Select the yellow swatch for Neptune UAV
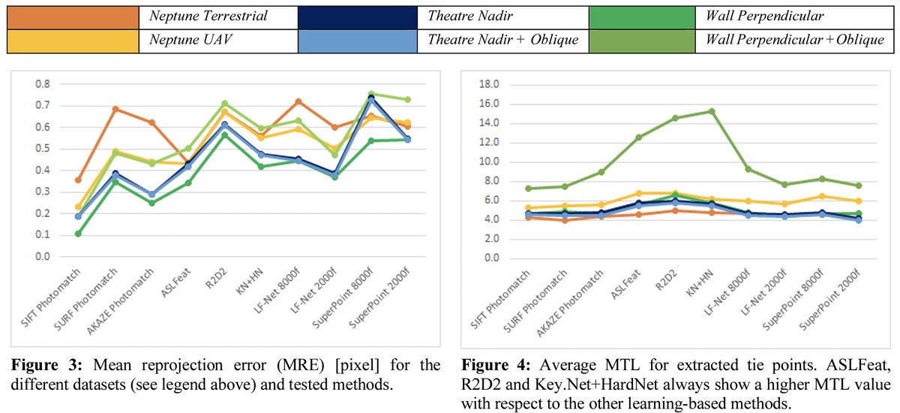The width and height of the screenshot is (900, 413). pyautogui.click(x=73, y=40)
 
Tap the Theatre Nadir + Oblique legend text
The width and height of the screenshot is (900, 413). pyautogui.click(x=502, y=40)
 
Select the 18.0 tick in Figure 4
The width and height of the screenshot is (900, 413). pyautogui.click(x=487, y=84)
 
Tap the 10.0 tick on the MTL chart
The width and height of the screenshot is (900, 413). pyautogui.click(x=487, y=161)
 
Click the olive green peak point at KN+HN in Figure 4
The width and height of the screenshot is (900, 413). pyautogui.click(x=711, y=111)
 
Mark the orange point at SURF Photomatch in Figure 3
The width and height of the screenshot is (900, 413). pyautogui.click(x=115, y=109)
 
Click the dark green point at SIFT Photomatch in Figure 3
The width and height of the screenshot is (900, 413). pyautogui.click(x=78, y=234)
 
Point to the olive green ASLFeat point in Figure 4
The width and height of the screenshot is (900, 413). pyautogui.click(x=638, y=137)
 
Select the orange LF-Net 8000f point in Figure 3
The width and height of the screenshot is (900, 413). pyautogui.click(x=298, y=101)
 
